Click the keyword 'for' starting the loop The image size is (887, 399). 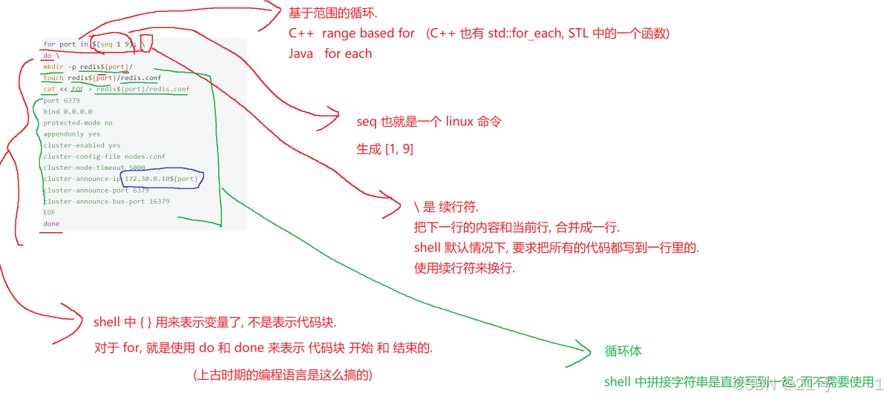point(49,44)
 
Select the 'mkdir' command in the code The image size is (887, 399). point(53,67)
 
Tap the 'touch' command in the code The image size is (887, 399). point(53,78)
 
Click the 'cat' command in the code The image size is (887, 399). point(49,89)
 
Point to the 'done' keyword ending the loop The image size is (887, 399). point(51,223)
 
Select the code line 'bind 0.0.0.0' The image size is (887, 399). point(68,111)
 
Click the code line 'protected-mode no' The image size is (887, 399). point(78,122)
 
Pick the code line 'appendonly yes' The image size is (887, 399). point(71,134)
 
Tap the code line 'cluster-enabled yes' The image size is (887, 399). point(82,145)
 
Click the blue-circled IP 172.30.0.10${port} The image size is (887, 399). point(161,179)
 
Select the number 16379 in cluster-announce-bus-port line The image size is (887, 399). point(159,201)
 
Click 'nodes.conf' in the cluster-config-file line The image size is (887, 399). point(145,156)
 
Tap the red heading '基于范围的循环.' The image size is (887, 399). point(333,14)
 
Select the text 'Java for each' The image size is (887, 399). point(330,53)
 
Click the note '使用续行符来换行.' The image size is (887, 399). point(465,268)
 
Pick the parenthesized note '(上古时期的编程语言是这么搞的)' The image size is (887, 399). point(282,375)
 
